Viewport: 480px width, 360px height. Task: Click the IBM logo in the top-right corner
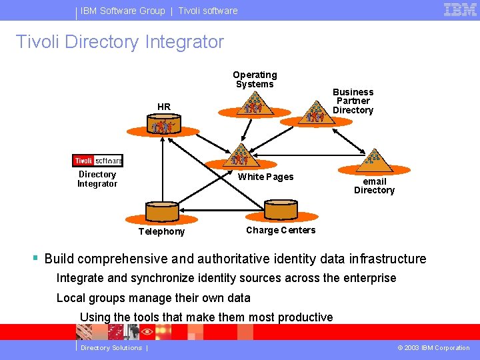click(460, 9)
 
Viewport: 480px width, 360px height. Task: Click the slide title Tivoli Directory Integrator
click(120, 42)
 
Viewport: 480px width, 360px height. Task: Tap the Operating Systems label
click(255, 79)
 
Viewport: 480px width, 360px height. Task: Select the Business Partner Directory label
click(353, 101)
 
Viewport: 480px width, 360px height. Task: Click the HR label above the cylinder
click(164, 107)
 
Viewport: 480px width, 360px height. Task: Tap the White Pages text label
click(265, 177)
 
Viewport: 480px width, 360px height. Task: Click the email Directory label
click(374, 185)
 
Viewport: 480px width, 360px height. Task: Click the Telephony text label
click(161, 231)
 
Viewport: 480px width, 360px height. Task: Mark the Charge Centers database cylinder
click(280, 211)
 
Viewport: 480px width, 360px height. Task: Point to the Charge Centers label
click(281, 230)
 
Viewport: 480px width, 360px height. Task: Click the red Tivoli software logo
click(97, 161)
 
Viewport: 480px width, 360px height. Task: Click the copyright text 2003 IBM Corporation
click(433, 347)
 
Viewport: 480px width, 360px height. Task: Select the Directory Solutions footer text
click(111, 347)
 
